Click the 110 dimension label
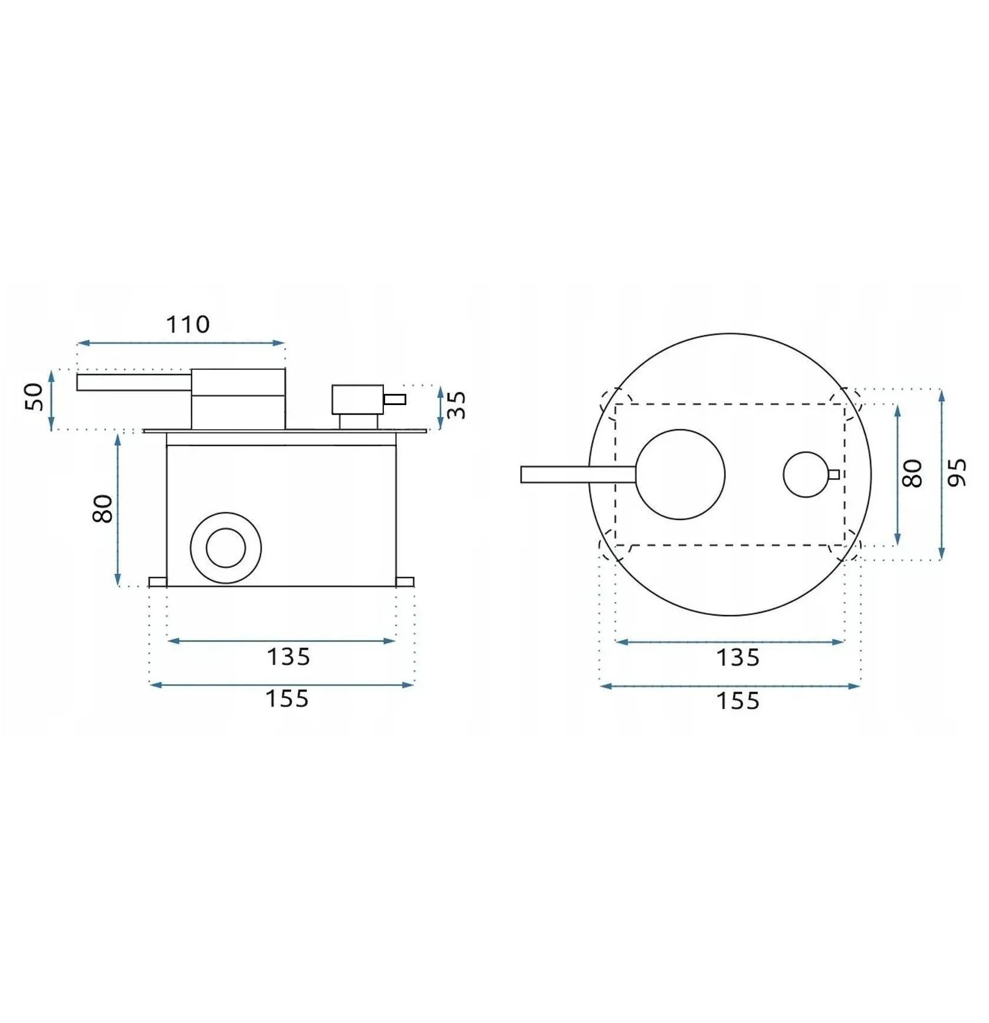[x=188, y=324]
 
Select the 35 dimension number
[x=456, y=404]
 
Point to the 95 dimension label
[x=957, y=472]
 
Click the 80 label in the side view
[x=103, y=508]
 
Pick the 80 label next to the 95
[x=912, y=473]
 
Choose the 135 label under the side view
[x=288, y=656]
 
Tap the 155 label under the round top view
[x=738, y=701]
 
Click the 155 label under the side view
[x=287, y=699]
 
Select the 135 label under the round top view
[x=738, y=657]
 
